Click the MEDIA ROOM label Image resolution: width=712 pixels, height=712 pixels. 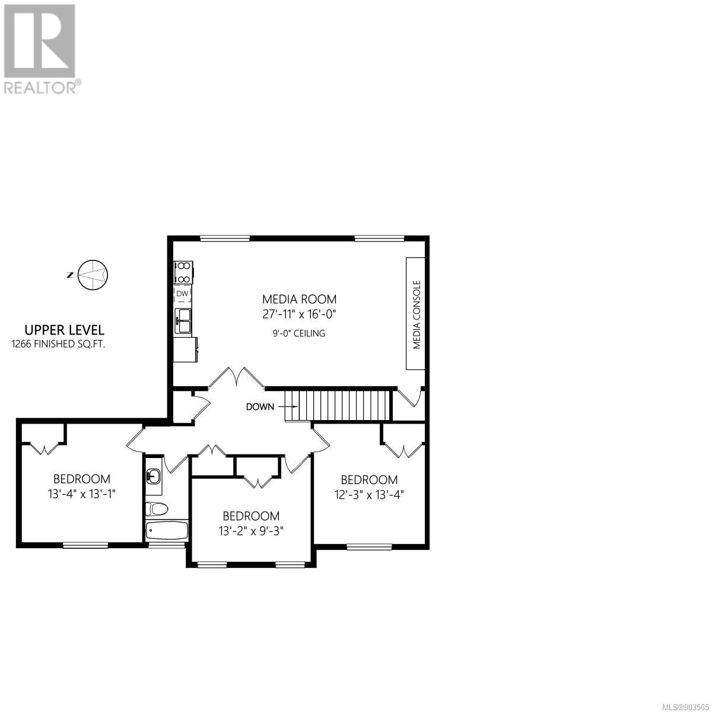tap(299, 299)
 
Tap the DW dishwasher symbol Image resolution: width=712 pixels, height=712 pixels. tap(183, 294)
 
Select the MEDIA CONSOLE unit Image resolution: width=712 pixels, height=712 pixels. tap(416, 313)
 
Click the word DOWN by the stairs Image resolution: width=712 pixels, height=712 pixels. tap(260, 407)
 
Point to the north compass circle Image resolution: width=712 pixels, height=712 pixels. tap(93, 275)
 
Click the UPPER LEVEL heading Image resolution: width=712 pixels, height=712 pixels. tap(64, 329)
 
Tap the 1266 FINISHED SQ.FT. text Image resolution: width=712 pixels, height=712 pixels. tap(58, 344)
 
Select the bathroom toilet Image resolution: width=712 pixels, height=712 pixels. tap(157, 509)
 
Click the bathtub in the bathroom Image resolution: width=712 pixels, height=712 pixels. tap(167, 531)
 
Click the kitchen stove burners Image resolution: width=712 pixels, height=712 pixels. tap(183, 272)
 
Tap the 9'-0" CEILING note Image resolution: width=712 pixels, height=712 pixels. tap(299, 333)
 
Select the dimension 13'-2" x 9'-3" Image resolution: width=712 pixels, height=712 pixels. tap(251, 531)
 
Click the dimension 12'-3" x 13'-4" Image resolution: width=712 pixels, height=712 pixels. tap(369, 494)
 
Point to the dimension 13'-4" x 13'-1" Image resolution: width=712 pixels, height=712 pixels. tap(82, 494)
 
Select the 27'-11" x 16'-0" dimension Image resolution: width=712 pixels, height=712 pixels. tap(299, 314)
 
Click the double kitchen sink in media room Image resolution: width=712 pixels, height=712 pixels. tap(183, 321)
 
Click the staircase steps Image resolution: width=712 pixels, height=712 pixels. tap(338, 406)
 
